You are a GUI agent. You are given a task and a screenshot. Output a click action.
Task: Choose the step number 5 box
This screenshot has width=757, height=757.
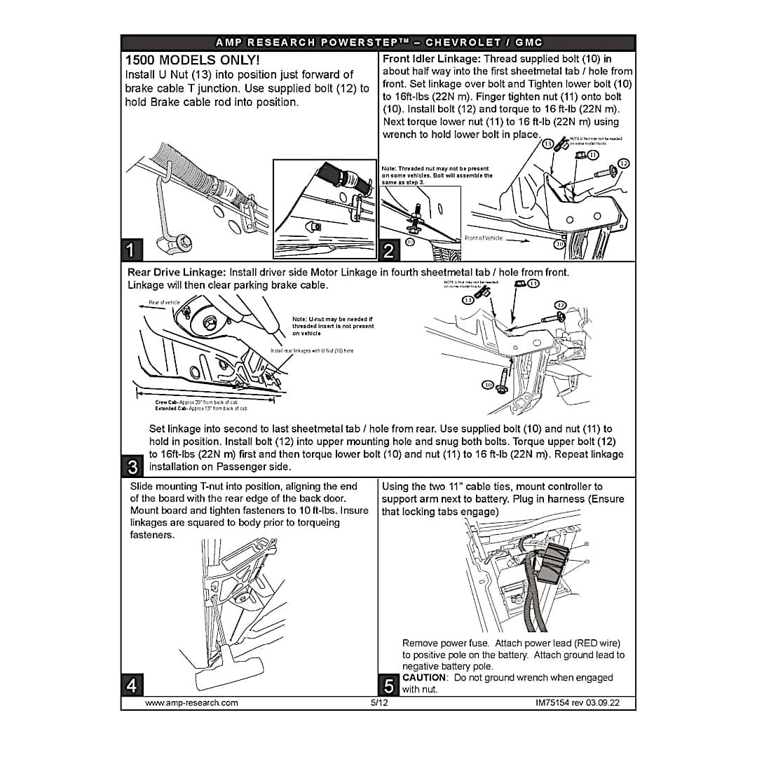click(x=389, y=684)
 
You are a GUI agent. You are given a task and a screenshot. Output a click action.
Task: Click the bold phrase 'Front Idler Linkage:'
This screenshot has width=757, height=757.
click(x=432, y=59)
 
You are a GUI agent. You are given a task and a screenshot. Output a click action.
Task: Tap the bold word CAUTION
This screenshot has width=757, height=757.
click(x=424, y=678)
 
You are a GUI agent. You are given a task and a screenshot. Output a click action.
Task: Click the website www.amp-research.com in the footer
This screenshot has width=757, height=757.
click(x=191, y=702)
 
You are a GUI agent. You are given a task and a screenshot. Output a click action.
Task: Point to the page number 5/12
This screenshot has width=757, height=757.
click(x=379, y=702)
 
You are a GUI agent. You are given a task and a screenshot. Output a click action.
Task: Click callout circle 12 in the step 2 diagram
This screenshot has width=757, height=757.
click(x=623, y=164)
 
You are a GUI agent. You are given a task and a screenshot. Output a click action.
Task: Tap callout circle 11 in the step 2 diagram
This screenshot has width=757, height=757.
click(x=594, y=155)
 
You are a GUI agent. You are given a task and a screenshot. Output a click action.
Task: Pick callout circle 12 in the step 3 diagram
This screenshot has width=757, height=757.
click(x=560, y=305)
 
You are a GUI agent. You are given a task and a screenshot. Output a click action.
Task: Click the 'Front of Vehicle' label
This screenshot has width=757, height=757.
click(x=483, y=238)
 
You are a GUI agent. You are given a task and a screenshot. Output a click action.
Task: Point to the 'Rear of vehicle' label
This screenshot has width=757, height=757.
click(x=164, y=303)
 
